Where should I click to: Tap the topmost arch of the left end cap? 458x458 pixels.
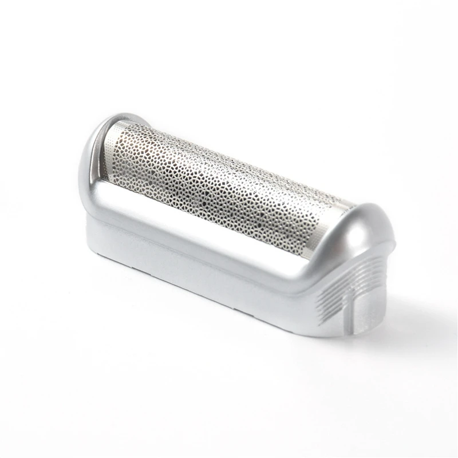(117, 119)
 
